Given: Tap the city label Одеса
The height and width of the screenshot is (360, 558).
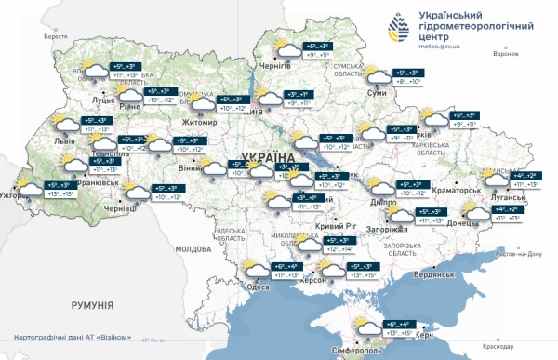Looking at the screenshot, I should tap(259, 287).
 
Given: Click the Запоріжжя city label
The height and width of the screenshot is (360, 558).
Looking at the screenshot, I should tap(384, 229).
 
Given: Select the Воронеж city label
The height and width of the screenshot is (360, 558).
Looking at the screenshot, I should tap(507, 53).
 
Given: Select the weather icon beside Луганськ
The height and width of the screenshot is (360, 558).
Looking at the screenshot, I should tap(494, 178).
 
